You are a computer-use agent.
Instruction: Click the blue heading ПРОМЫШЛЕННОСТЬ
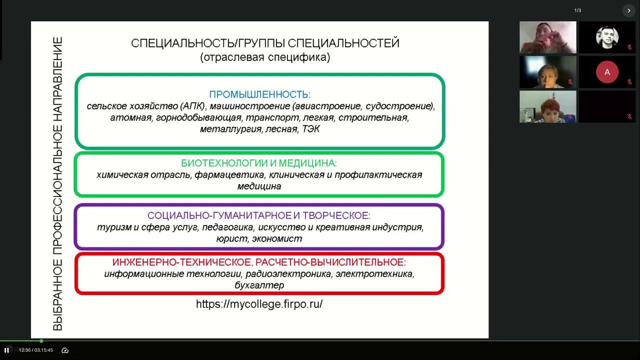point(259,94)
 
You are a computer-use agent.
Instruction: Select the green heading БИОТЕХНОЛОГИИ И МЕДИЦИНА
point(259,163)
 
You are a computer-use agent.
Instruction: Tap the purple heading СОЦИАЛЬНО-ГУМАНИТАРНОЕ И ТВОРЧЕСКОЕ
point(259,216)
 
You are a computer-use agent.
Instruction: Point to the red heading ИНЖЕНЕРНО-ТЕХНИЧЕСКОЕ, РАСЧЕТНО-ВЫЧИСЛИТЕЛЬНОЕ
point(259,262)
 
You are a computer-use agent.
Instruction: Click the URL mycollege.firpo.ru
point(259,304)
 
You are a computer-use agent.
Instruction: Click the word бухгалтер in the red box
point(259,285)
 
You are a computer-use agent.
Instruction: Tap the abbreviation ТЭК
point(310,129)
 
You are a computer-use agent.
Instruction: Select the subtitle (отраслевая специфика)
point(265,57)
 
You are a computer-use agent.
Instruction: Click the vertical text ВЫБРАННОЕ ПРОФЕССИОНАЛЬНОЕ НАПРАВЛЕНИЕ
point(58,183)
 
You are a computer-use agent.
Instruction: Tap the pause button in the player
point(6,350)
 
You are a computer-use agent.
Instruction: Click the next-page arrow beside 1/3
point(628,10)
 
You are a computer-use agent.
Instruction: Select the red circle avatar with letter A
point(607,72)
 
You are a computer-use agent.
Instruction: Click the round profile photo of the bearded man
point(607,37)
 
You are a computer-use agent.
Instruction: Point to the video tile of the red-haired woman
point(547,106)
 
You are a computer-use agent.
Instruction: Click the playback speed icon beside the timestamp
point(64,350)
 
